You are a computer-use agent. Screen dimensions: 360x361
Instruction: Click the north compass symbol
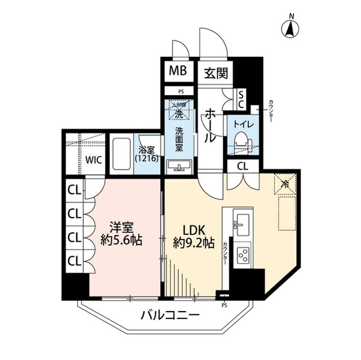290,28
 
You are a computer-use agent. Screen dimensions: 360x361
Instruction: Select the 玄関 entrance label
215,73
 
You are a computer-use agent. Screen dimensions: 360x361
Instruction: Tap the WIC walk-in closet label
93,159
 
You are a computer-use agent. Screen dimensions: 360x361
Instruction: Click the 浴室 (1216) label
148,153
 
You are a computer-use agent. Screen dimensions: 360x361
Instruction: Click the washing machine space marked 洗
178,112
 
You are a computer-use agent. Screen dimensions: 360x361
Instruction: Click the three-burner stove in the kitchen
244,255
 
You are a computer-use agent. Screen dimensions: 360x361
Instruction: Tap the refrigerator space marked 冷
285,184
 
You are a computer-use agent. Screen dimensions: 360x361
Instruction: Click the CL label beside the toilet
242,166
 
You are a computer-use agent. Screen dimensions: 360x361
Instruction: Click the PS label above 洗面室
180,91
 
